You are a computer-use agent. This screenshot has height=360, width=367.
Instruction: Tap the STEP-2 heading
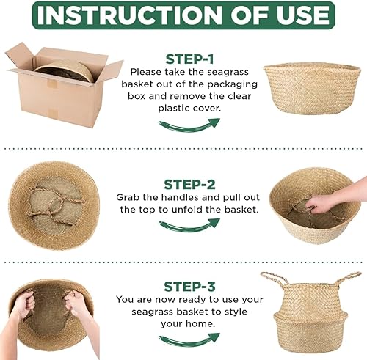coord(189,184)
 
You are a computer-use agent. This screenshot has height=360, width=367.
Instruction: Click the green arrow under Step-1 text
coord(189,125)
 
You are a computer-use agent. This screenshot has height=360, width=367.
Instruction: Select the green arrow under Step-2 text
coord(189,227)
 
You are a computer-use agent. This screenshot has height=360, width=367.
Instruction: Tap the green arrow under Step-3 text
coord(189,339)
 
